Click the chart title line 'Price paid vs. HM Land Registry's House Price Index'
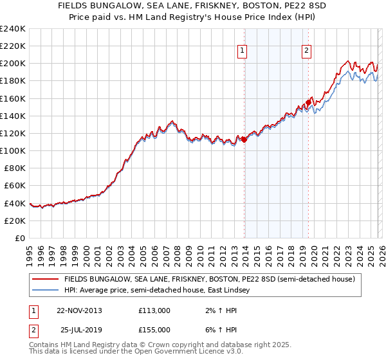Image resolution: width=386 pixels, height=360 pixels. click(193, 18)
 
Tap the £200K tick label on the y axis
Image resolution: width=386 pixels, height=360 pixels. click(12, 64)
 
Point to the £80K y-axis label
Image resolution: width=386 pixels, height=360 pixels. click(14, 168)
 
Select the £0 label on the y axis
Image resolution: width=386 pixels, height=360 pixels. click(19, 238)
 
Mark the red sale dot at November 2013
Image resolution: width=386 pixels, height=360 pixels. click(244, 139)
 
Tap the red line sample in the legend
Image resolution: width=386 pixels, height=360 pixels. click(45, 280)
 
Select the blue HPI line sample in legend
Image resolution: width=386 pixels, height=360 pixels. click(45, 291)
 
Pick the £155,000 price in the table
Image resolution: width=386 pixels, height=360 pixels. click(154, 330)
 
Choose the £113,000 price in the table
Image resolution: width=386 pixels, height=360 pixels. click(154, 310)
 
